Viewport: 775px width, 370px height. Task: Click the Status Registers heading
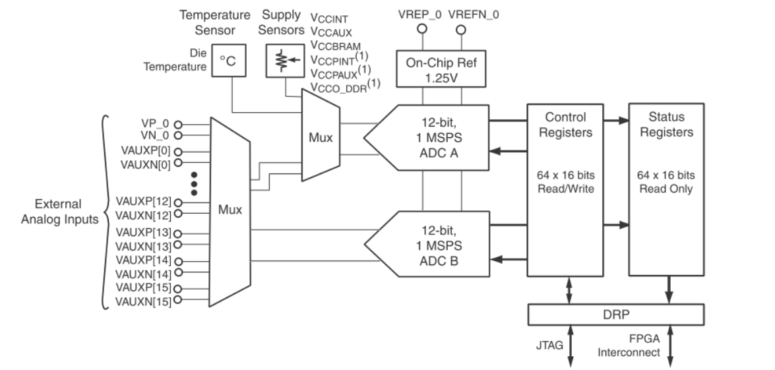tap(666, 124)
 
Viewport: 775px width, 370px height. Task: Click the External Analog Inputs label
tap(59, 212)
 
